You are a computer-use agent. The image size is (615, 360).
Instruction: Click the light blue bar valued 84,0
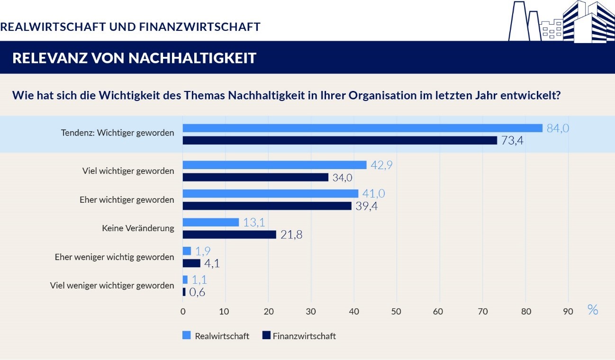(362, 128)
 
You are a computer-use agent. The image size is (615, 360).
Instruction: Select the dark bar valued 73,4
(340, 140)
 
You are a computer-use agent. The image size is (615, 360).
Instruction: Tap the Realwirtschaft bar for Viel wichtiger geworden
(274, 165)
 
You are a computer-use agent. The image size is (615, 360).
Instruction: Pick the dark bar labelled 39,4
(267, 206)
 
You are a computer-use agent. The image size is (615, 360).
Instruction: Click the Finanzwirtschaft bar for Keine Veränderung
(229, 234)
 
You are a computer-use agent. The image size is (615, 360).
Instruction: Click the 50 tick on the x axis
(397, 311)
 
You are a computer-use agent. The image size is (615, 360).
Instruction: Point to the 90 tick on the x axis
(568, 311)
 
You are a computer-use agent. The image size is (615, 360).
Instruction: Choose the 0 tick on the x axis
(183, 311)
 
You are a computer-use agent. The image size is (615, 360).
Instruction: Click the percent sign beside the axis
(592, 310)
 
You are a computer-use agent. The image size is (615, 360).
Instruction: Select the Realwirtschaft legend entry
(217, 336)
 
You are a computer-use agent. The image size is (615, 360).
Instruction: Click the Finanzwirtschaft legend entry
(298, 336)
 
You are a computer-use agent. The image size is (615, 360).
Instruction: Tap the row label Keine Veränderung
(138, 228)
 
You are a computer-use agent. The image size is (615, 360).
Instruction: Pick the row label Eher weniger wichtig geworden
(114, 257)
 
